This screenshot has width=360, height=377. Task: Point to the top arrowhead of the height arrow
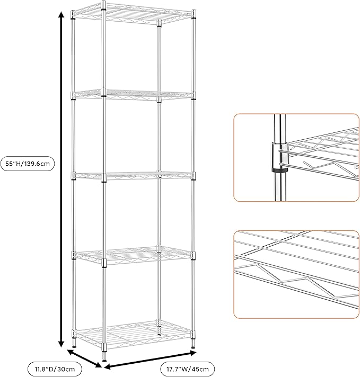(62, 16)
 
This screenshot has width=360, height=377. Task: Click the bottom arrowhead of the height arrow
(62, 342)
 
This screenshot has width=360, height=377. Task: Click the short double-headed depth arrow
(84, 358)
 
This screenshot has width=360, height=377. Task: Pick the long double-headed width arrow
(149, 358)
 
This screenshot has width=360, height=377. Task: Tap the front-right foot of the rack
(193, 349)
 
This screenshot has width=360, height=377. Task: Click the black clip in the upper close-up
(277, 169)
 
